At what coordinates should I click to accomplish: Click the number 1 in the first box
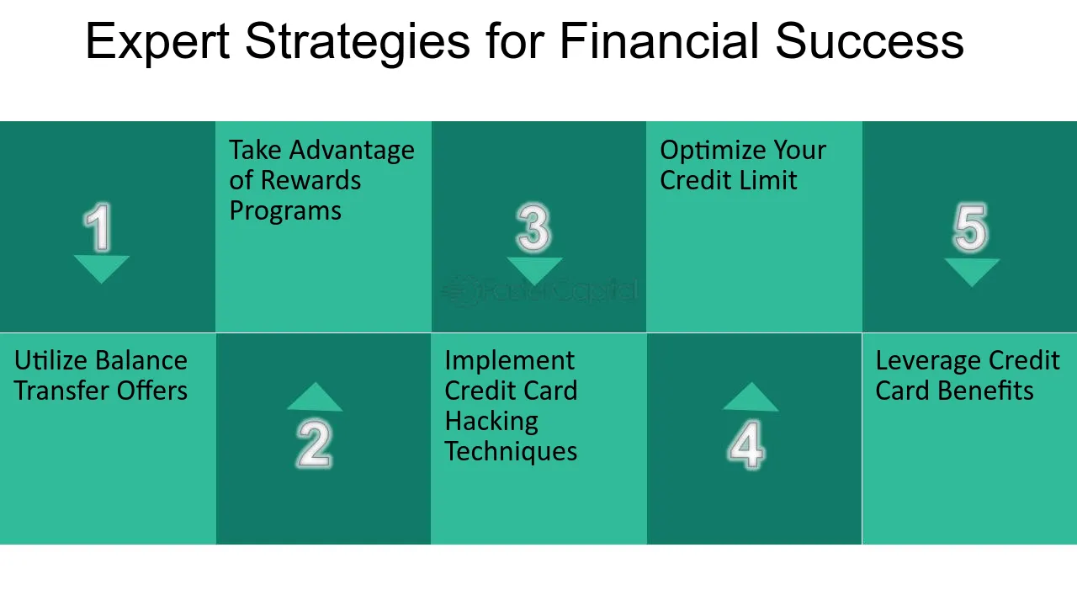click(98, 227)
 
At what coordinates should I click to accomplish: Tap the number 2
click(315, 443)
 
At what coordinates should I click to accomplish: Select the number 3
click(533, 227)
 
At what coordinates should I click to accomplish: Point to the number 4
click(746, 444)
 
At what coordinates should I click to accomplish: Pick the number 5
click(970, 227)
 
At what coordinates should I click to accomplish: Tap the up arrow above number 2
click(315, 396)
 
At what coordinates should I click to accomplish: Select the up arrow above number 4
click(751, 396)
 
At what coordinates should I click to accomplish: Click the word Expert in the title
click(157, 42)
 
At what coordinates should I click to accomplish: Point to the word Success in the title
click(869, 41)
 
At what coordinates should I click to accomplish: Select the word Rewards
click(310, 180)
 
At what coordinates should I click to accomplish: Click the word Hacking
click(491, 422)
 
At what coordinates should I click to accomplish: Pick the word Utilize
click(50, 361)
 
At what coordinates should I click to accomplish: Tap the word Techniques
click(511, 452)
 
